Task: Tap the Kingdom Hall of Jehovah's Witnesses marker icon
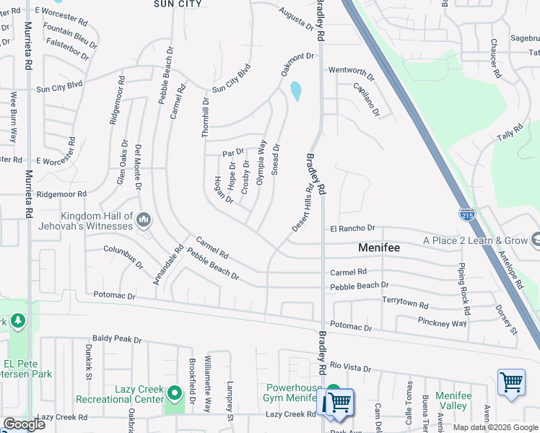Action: pyautogui.click(x=144, y=219)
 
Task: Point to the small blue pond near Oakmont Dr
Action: pyautogui.click(x=295, y=91)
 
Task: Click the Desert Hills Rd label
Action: pyautogui.click(x=303, y=207)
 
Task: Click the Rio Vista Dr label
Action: pyautogui.click(x=350, y=368)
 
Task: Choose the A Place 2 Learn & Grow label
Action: pyautogui.click(x=475, y=240)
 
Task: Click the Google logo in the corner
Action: pyautogui.click(x=24, y=424)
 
